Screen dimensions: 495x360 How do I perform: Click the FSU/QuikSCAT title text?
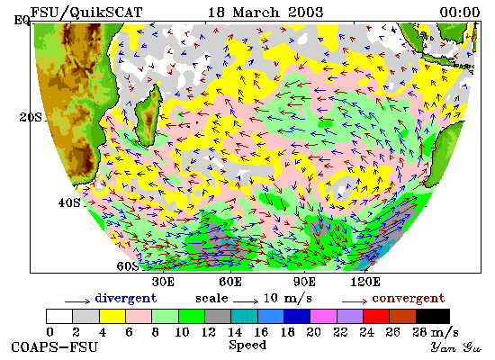click(x=86, y=13)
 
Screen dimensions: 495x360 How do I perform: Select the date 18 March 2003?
click(x=265, y=13)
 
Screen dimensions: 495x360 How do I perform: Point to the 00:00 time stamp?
click(x=460, y=13)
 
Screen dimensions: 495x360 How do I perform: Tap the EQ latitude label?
click(x=22, y=21)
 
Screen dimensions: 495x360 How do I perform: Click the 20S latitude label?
click(x=31, y=117)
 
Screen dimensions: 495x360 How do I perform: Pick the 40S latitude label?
click(x=69, y=202)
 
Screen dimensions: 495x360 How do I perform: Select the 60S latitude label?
click(x=128, y=266)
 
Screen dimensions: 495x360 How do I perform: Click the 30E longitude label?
click(x=163, y=282)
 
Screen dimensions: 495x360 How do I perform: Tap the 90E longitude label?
click(x=304, y=282)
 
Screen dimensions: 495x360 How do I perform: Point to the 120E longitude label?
click(x=365, y=282)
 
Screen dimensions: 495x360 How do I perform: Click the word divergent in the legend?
click(x=126, y=299)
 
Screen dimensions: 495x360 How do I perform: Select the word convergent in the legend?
click(x=409, y=299)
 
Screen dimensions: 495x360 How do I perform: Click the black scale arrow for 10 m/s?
click(x=246, y=301)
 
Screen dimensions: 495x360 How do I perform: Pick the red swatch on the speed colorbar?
click(x=376, y=317)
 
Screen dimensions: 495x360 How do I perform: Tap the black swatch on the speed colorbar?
click(x=433, y=317)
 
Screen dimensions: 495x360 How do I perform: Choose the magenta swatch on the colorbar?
click(x=324, y=317)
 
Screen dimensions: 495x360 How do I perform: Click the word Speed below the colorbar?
click(x=247, y=346)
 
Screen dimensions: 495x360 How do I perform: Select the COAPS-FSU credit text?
click(x=55, y=347)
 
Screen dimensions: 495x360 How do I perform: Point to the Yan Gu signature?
click(x=456, y=347)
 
